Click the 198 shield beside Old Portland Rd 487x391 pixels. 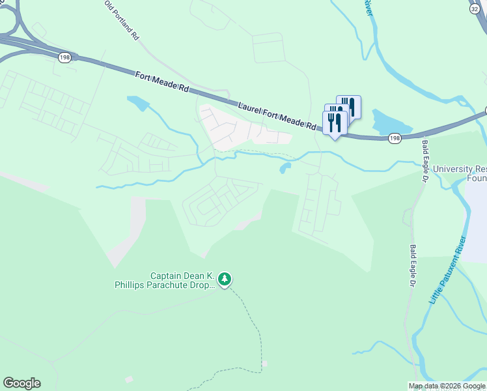(64, 57)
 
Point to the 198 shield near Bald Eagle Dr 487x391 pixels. (395, 138)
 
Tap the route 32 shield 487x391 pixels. (474, 9)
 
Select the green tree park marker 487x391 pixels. (225, 280)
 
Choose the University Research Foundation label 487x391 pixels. (460, 173)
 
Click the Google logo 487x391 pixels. (21, 383)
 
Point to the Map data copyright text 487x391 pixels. (447, 386)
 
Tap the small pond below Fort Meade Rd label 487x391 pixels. (138, 102)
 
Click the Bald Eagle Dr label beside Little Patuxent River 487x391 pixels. (412, 265)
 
